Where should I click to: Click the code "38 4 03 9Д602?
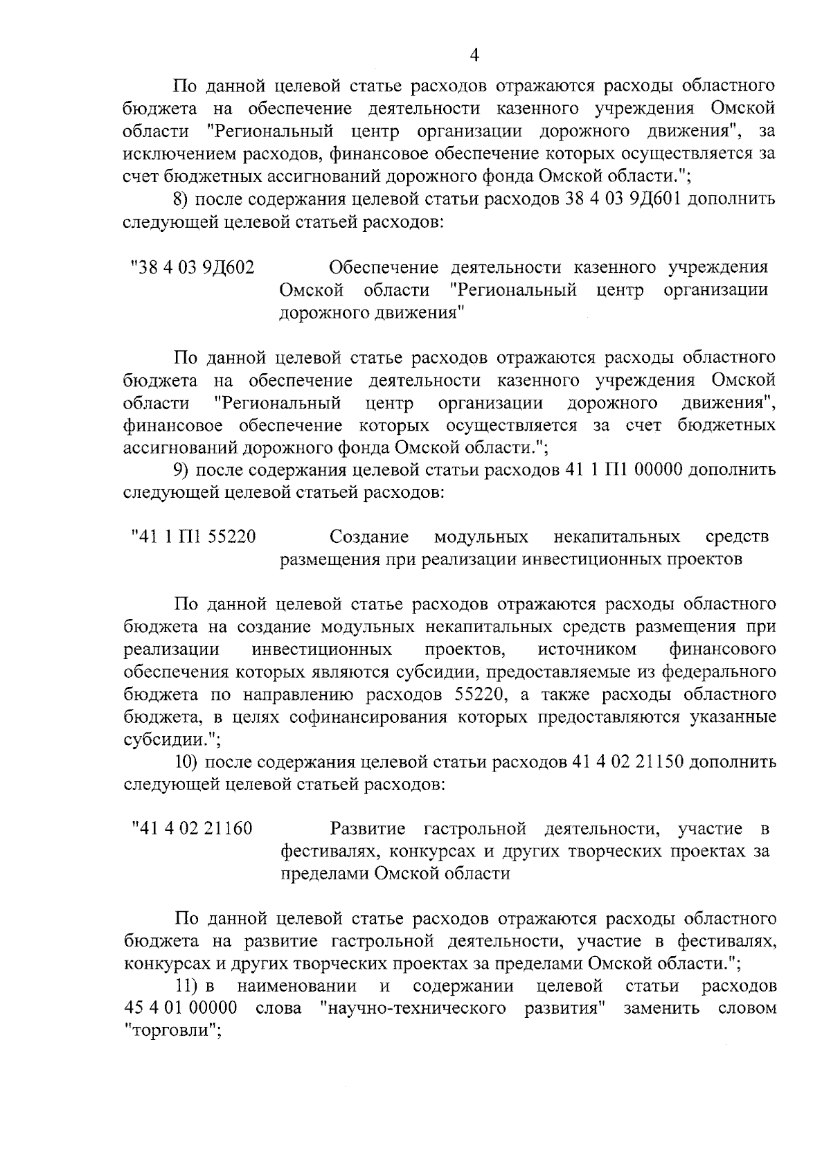point(192,267)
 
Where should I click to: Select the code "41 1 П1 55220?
point(193,537)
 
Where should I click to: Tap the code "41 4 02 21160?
point(192,828)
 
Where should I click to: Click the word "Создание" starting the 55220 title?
point(369,537)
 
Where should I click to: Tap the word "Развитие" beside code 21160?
point(369,828)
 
